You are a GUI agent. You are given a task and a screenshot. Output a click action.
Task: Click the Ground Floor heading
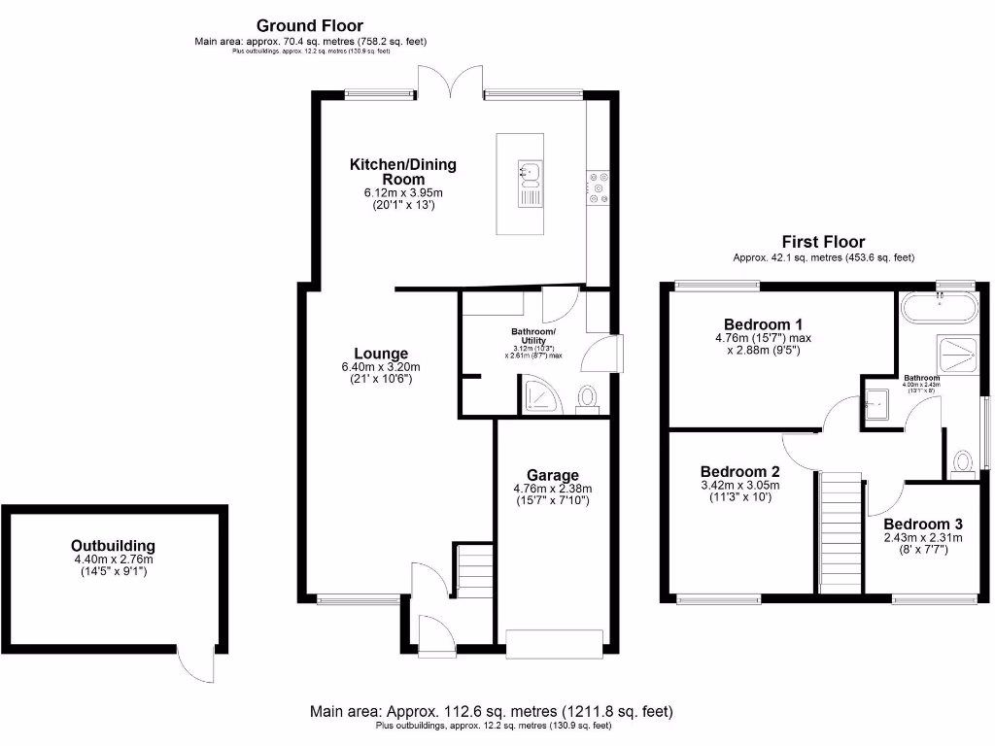[x=310, y=25]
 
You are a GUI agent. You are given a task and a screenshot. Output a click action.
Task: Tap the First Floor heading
[x=823, y=242]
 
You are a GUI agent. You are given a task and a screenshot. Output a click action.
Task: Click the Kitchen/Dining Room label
[x=402, y=172]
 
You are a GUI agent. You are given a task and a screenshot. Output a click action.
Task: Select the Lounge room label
[x=381, y=354]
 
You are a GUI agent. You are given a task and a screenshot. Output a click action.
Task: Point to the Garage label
[x=553, y=475]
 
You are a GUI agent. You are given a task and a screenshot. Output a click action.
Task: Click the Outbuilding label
[x=113, y=546]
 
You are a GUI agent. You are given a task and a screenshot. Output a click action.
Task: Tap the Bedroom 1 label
[x=763, y=323]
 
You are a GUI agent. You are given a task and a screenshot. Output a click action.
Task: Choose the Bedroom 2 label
[x=739, y=469]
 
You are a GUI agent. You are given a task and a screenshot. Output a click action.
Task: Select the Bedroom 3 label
[x=922, y=523]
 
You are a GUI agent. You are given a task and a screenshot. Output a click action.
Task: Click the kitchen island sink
[x=530, y=174]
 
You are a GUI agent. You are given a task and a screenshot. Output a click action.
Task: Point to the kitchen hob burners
[x=598, y=186]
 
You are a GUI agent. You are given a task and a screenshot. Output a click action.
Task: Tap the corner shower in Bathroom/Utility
[x=537, y=396]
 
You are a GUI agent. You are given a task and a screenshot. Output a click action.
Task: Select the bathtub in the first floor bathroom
[x=939, y=312]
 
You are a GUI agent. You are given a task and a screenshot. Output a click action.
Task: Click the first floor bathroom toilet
[x=962, y=462]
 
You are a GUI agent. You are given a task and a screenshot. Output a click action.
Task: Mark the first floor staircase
[x=841, y=531]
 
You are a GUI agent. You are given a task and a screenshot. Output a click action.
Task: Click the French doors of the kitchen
[x=451, y=81]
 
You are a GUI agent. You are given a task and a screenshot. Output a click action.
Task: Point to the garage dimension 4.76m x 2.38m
[x=553, y=489]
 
